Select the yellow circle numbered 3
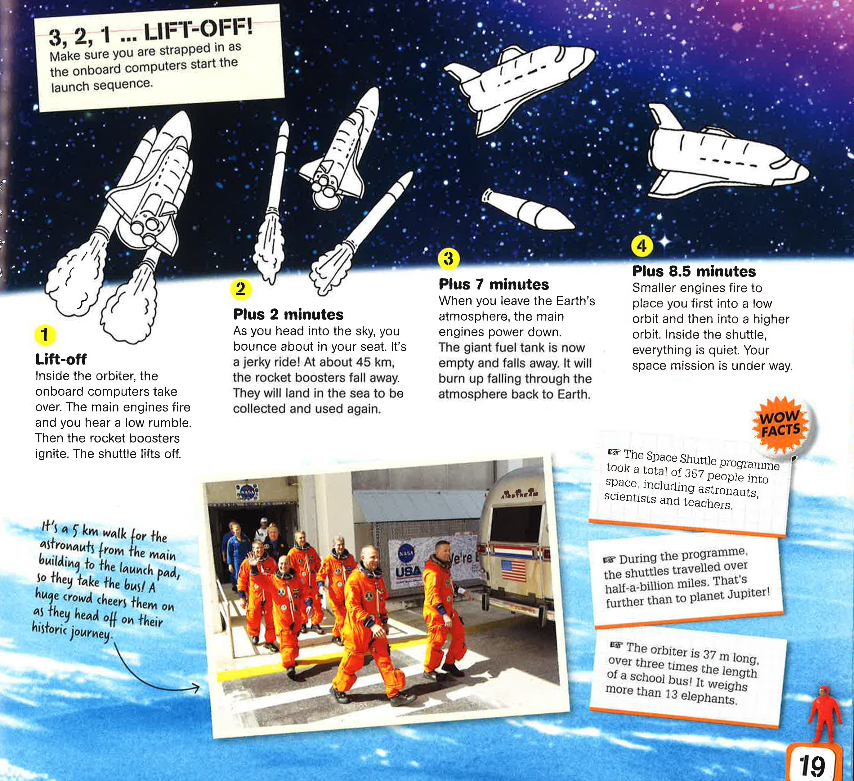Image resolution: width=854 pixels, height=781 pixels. point(449,258)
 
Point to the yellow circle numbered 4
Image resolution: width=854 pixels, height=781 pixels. point(642,245)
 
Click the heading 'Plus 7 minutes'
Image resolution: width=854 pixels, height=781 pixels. point(494,284)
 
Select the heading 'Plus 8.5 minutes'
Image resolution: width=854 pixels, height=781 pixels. point(694,271)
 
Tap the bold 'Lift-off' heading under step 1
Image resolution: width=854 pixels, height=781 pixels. point(61,359)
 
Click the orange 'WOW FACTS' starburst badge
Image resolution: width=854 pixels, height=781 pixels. point(781,424)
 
